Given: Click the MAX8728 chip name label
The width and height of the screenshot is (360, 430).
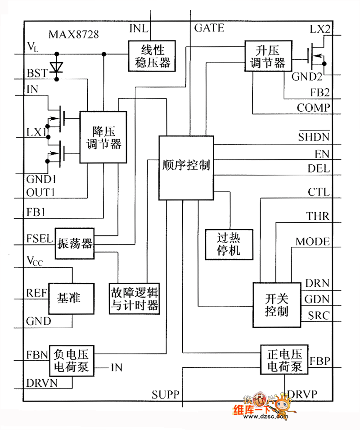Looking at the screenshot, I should pos(74,34).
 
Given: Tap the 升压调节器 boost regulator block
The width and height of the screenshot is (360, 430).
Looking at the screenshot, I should pos(267,56).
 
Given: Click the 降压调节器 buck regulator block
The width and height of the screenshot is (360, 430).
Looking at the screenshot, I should pos(103,137).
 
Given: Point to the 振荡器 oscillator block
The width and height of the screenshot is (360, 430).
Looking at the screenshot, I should pos(75,244).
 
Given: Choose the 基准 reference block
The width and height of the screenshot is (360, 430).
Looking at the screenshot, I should pos(71,299).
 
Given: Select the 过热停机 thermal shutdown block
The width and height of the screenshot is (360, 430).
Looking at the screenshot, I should pos(229,244).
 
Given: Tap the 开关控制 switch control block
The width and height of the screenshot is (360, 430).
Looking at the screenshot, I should pos(276,305).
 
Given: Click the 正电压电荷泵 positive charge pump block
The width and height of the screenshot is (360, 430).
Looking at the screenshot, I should pos(284,359).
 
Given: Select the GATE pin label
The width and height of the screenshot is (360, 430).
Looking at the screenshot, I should pos(209,28).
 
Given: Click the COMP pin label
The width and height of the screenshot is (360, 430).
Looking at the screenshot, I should pos(313,108).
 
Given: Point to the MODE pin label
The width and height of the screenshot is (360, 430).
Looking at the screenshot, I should pos(312,241).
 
